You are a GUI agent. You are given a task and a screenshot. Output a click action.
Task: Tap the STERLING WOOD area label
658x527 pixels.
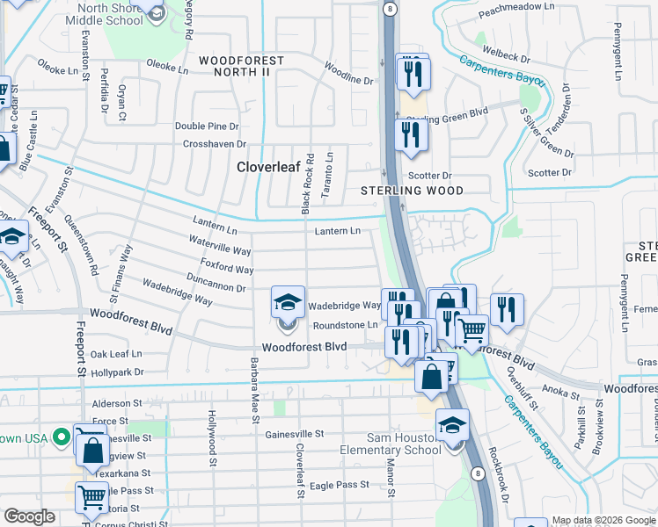(x=412, y=191)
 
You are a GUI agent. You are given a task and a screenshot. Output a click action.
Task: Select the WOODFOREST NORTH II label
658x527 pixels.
(x=241, y=61)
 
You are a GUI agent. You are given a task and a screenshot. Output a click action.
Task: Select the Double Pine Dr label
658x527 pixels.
(x=207, y=126)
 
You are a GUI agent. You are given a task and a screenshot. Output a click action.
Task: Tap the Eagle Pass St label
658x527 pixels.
(x=340, y=485)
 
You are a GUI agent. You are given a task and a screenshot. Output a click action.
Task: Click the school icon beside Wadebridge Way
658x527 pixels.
(x=288, y=302)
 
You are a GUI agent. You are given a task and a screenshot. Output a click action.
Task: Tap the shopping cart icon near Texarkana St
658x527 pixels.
(x=92, y=496)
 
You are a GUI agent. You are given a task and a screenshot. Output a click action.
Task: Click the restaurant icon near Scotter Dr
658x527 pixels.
(x=411, y=134)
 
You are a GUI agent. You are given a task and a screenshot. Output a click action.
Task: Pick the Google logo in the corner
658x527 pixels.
(x=30, y=517)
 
